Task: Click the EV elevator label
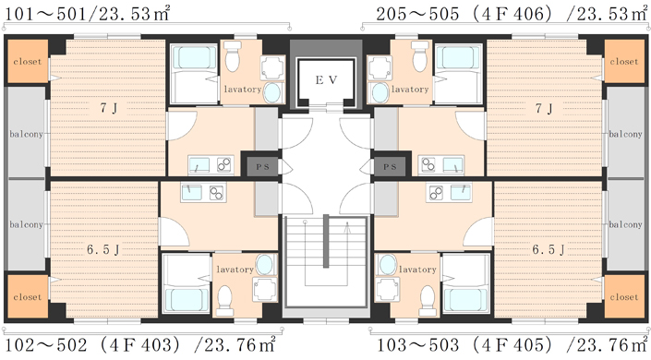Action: click(326, 79)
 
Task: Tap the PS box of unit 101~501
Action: click(262, 166)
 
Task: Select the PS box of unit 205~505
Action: click(390, 166)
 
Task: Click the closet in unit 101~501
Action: click(28, 61)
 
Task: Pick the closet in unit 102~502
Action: click(28, 297)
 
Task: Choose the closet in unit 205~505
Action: click(624, 61)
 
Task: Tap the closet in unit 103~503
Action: click(624, 297)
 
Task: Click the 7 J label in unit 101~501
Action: click(109, 108)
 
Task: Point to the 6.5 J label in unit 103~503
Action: click(549, 249)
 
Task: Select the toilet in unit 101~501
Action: click(233, 56)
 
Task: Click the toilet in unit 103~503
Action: click(428, 301)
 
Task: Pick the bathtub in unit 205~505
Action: click(457, 58)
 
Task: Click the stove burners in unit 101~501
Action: click(224, 165)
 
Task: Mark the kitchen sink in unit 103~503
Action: click(461, 192)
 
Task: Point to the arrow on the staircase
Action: click(347, 227)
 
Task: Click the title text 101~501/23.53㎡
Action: click(87, 14)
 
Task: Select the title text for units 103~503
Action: click(512, 345)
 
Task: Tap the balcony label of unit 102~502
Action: click(26, 224)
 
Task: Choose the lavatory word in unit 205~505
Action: click(410, 90)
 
